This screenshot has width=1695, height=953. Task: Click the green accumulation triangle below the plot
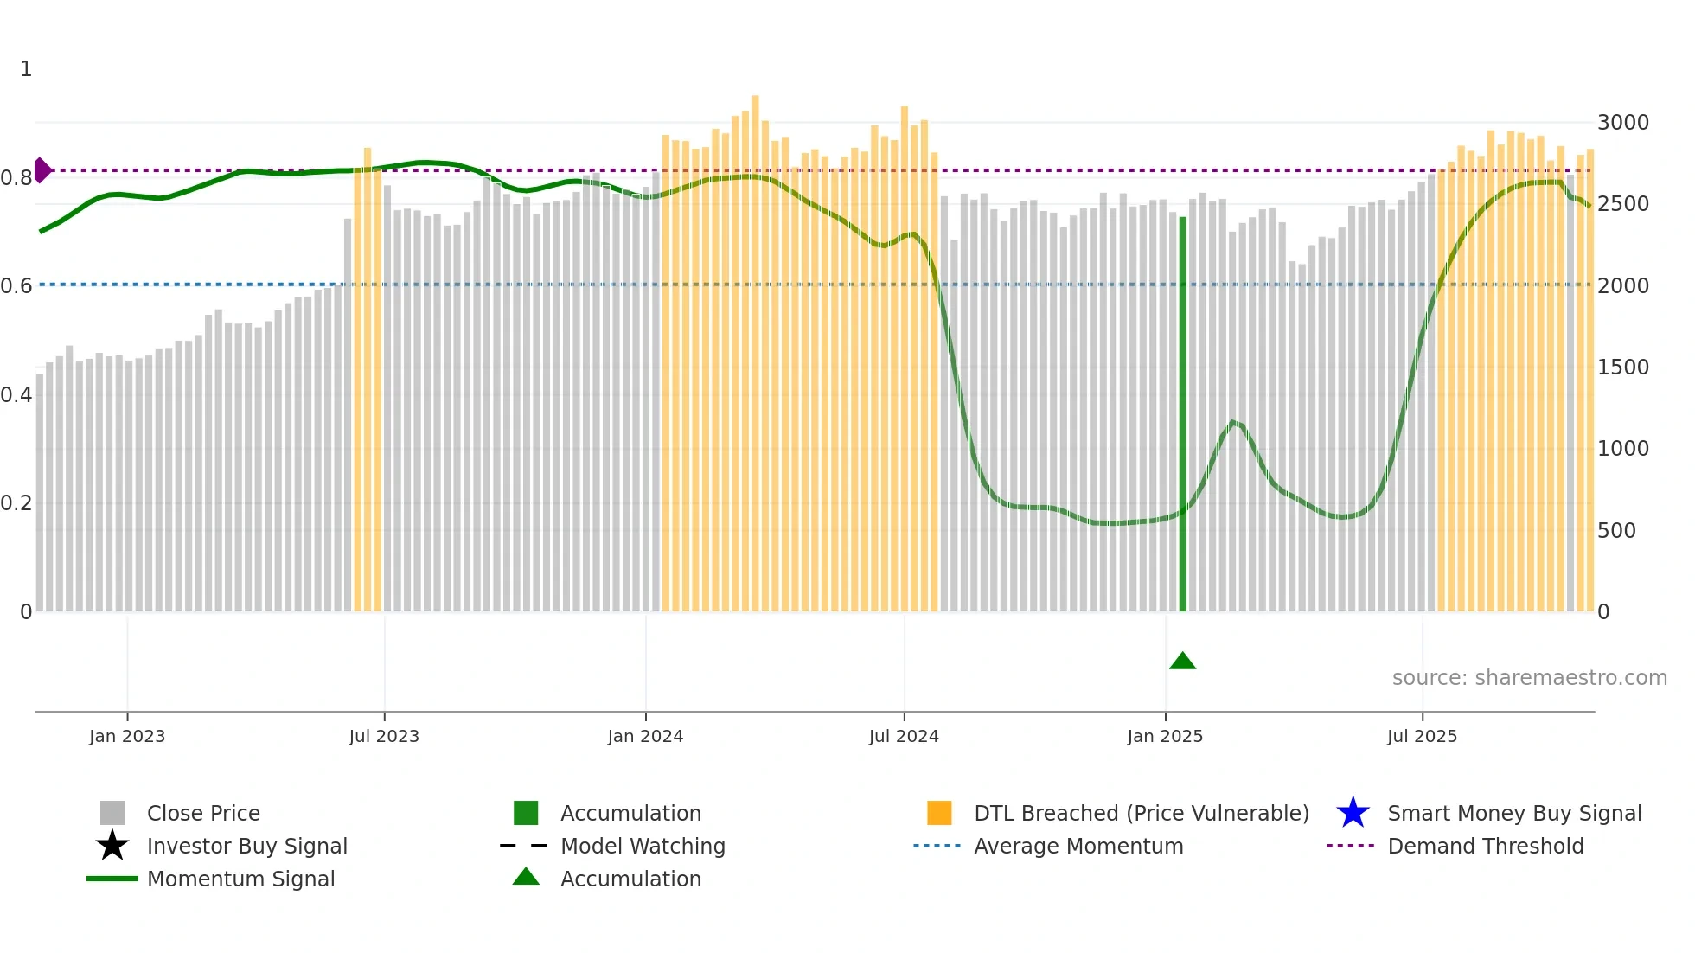1182,662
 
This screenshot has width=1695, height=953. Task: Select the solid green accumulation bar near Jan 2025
1183,415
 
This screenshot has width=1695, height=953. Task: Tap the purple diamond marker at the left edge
42,170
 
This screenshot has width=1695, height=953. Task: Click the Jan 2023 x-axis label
127,736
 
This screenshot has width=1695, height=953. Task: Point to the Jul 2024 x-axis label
904,736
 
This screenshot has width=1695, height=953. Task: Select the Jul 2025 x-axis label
1422,736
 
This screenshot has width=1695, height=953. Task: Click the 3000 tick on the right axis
1622,123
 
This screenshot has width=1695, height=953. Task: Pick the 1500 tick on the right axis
1622,368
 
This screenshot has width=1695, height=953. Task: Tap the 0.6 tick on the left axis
16,286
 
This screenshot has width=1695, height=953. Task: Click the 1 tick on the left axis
26,69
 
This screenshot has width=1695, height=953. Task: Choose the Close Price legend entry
203,813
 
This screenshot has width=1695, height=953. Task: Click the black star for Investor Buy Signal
112,846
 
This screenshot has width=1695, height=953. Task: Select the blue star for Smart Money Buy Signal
1353,813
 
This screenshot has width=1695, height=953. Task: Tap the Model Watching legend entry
643,846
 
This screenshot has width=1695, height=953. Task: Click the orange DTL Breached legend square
939,813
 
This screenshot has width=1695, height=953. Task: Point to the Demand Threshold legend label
1485,846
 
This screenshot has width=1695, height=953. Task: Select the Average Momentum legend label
1078,846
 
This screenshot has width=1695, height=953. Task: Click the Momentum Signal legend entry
240,879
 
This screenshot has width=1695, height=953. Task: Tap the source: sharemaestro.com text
1529,678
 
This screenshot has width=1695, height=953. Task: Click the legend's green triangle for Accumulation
526,878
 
